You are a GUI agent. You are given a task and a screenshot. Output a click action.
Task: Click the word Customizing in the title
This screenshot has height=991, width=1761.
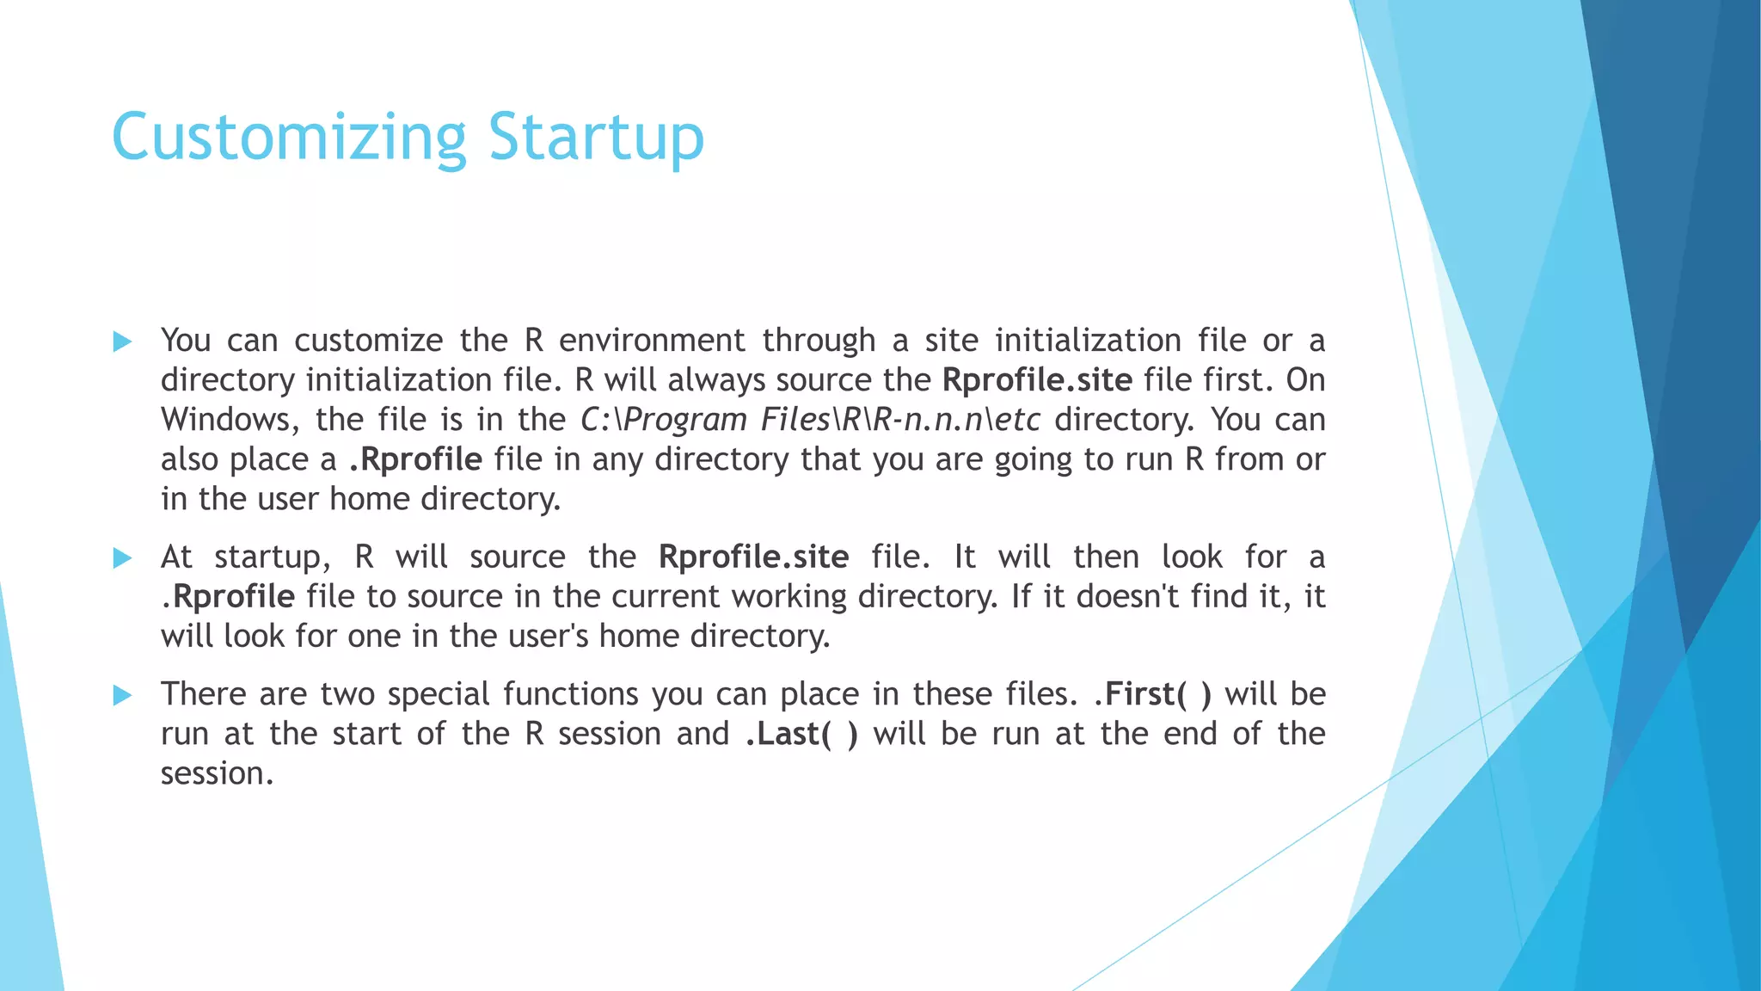pos(289,138)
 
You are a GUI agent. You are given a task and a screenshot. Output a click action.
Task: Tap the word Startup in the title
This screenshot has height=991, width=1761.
pos(596,138)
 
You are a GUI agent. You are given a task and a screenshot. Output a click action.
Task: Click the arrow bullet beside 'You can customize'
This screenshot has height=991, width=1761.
pos(122,342)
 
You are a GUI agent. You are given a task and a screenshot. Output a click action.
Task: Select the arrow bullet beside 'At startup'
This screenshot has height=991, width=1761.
pos(122,558)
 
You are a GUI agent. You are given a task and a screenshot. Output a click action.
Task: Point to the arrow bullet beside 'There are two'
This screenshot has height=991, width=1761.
pos(122,695)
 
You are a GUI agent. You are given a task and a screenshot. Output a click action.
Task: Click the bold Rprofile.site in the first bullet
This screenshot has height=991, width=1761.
pos(1037,380)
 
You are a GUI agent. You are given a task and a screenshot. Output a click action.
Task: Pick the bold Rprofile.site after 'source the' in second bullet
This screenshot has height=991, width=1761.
pos(753,557)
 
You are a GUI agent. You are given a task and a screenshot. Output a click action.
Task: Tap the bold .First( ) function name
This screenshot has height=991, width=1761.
pos(1152,694)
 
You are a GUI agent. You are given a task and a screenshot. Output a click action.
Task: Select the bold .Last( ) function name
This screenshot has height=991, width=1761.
pos(801,734)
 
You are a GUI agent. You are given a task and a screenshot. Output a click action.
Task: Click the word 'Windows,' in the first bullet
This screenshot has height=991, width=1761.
pos(230,421)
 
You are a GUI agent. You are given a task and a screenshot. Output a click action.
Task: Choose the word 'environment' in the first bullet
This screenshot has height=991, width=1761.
pos(652,341)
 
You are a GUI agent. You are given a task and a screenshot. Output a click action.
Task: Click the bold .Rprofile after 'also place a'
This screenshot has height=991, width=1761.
pos(415,460)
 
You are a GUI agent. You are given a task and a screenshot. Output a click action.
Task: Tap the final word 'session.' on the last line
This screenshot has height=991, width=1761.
pos(217,773)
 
